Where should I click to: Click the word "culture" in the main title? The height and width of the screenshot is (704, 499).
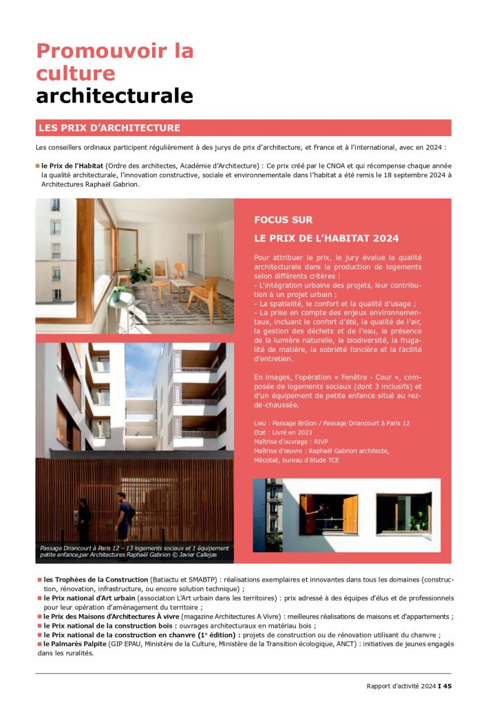tap(76, 73)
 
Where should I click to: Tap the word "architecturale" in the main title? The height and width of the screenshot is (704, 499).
tap(114, 96)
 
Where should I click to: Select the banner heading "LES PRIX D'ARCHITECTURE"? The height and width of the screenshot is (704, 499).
tap(109, 128)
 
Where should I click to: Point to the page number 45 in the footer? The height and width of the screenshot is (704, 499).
tap(447, 685)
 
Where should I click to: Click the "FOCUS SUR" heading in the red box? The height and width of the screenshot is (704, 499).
tap(284, 220)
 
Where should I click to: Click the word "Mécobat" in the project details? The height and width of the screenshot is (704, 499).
tap(270, 460)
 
